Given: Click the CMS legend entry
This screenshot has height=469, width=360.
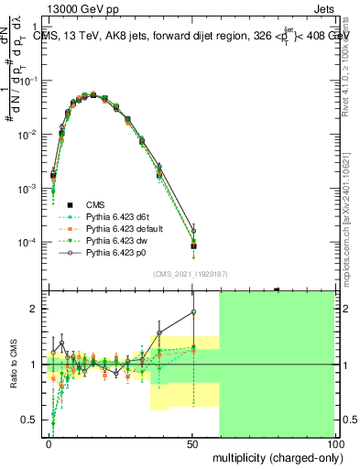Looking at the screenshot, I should [x=95, y=204].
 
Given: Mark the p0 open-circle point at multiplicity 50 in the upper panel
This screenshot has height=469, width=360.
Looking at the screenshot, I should [x=193, y=230].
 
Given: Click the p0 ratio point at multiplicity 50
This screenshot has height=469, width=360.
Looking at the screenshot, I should [x=193, y=312].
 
